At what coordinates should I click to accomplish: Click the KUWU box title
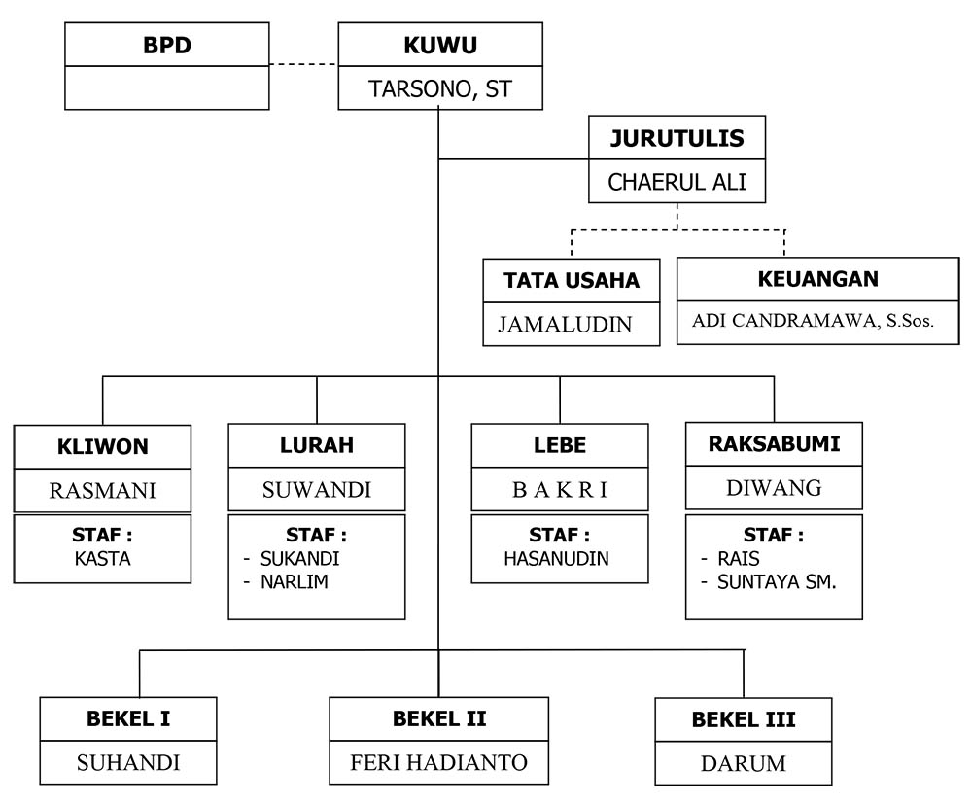tap(440, 45)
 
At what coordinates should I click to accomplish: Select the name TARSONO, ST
tap(440, 90)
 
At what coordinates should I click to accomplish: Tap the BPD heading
tap(166, 45)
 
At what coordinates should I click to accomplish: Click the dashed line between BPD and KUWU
tap(303, 65)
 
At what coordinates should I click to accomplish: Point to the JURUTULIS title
tap(677, 138)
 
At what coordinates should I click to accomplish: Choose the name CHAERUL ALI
tap(677, 182)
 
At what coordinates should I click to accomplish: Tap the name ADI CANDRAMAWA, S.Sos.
tap(813, 322)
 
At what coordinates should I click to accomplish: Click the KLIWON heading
tap(102, 446)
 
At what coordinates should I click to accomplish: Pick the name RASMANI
tap(102, 490)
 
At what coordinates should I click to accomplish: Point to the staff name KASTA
tap(102, 558)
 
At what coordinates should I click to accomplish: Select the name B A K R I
tap(559, 490)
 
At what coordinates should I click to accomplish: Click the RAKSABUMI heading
tap(774, 444)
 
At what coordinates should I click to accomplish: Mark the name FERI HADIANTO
tap(439, 763)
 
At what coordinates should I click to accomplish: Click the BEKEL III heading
tap(744, 720)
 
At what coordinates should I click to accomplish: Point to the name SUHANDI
tap(128, 763)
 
